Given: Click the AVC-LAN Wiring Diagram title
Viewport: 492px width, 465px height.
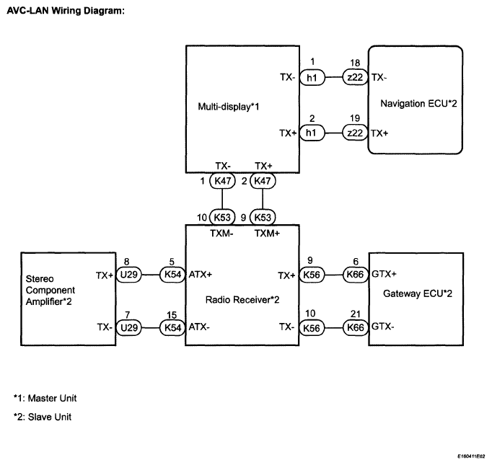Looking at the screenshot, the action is tap(66, 11).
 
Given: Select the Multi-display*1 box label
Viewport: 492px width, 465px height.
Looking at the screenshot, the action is tap(229, 107).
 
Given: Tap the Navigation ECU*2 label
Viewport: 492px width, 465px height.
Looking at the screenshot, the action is tap(418, 104).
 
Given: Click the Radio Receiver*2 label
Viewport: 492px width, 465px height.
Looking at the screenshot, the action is tap(242, 300).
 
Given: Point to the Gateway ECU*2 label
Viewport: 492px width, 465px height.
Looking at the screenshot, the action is tap(418, 293).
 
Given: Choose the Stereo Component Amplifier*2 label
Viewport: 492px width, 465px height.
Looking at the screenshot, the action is tap(50, 290).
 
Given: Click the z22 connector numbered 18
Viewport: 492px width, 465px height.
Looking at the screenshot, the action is tap(355, 77).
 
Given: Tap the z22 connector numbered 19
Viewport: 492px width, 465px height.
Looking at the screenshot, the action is tap(355, 133).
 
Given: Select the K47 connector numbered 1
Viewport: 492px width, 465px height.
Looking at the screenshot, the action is tap(222, 181).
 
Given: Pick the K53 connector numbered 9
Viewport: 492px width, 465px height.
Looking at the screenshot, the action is tap(263, 217).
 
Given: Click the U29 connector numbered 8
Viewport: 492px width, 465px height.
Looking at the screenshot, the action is tap(129, 275).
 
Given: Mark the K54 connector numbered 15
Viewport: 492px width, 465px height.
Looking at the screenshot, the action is tap(172, 328).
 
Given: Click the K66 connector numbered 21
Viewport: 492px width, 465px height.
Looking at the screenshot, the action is tap(355, 328).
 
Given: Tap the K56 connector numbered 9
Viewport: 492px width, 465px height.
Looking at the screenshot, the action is tap(312, 275).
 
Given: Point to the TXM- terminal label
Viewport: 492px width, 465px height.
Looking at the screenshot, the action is tap(221, 234).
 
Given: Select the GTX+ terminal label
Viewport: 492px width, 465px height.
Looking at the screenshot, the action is tap(384, 274).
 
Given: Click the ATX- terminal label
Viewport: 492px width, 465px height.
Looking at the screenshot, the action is tap(199, 327).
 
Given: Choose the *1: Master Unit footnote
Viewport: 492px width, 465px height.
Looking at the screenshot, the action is tap(45, 398).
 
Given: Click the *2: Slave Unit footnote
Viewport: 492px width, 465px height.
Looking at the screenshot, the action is tap(43, 417).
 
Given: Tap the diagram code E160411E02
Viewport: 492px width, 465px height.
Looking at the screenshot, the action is tap(471, 456).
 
